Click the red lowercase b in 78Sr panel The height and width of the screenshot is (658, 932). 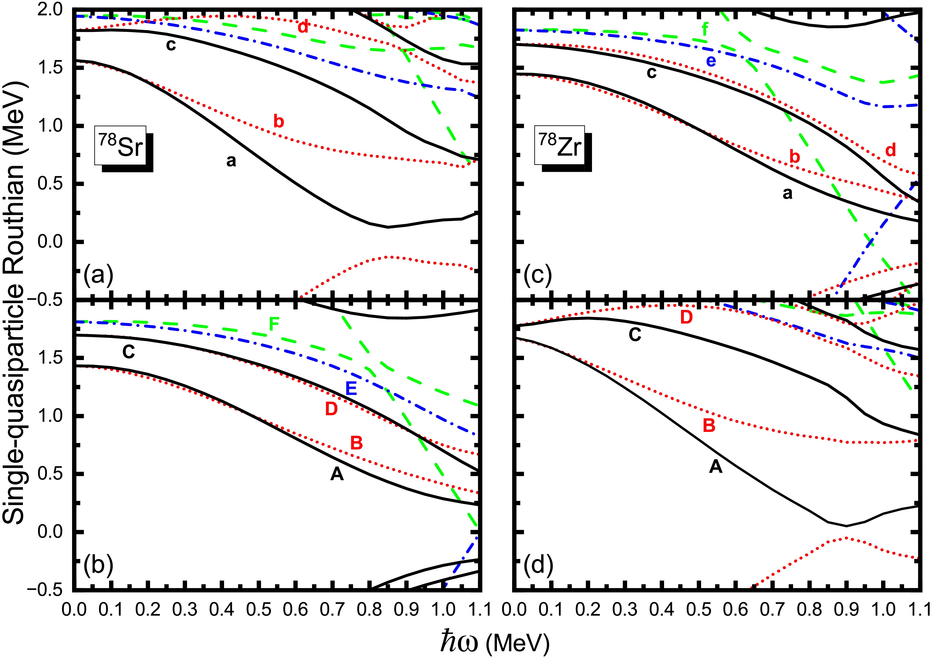[x=278, y=121]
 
